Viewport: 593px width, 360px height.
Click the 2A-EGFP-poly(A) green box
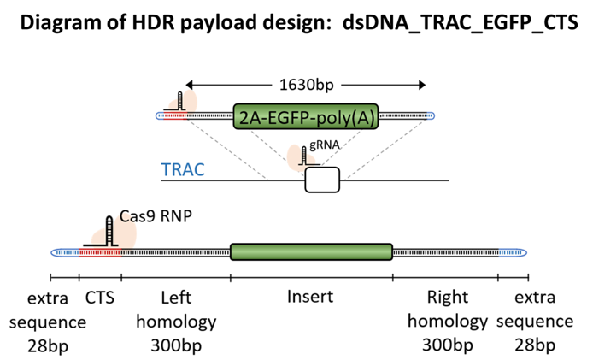[306, 116]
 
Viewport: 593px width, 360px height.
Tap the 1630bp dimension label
[307, 85]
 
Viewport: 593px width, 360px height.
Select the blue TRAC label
[183, 169]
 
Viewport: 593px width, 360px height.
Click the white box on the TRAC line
[322, 180]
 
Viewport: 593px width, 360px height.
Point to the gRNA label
[325, 145]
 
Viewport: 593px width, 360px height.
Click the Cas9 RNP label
[156, 216]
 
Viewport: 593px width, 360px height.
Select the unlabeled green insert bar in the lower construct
[312, 251]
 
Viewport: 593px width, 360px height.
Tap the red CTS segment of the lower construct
[100, 252]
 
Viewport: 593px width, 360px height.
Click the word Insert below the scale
[310, 297]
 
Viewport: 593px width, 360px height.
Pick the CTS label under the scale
[100, 298]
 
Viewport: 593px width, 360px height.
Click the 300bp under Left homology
[176, 345]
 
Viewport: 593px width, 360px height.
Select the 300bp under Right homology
[448, 345]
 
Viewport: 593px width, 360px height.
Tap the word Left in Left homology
[176, 298]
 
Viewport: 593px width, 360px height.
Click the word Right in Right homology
[448, 298]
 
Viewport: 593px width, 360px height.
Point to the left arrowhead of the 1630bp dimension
[189, 85]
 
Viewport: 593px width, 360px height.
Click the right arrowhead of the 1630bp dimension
[422, 85]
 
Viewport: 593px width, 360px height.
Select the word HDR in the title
[153, 22]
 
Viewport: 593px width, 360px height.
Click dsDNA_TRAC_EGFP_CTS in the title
[461, 23]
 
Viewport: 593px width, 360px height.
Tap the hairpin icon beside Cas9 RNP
[109, 231]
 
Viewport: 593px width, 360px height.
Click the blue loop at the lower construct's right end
[513, 252]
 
